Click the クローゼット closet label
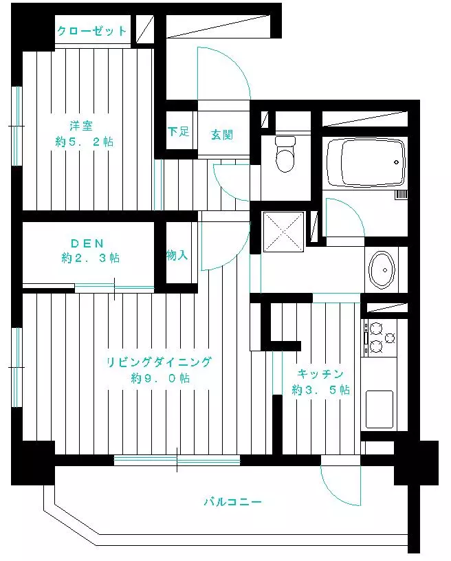[92, 31]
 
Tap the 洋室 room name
[81, 126]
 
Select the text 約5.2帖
[85, 142]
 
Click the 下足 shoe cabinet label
[179, 131]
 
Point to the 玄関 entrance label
[222, 135]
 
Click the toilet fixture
[285, 154]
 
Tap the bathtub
[366, 162]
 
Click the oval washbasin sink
[382, 269]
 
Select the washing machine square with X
[284, 232]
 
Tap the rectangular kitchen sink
[379, 409]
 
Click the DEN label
[87, 243]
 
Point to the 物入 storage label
[177, 256]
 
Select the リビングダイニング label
[159, 362]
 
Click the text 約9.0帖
[161, 378]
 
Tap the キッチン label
[320, 374]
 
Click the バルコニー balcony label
[233, 502]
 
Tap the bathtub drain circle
[396, 162]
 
